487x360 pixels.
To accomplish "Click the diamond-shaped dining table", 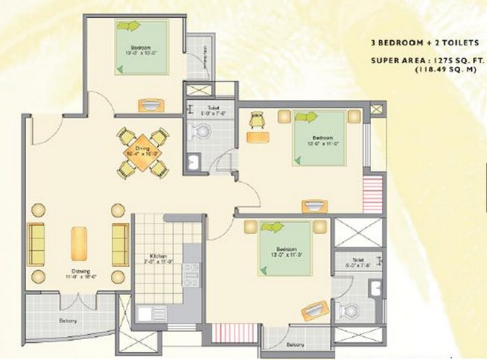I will [142, 152].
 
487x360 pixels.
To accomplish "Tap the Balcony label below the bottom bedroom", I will [294, 344].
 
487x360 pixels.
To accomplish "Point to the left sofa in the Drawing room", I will [36, 243].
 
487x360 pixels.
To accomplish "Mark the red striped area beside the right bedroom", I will [372, 196].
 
